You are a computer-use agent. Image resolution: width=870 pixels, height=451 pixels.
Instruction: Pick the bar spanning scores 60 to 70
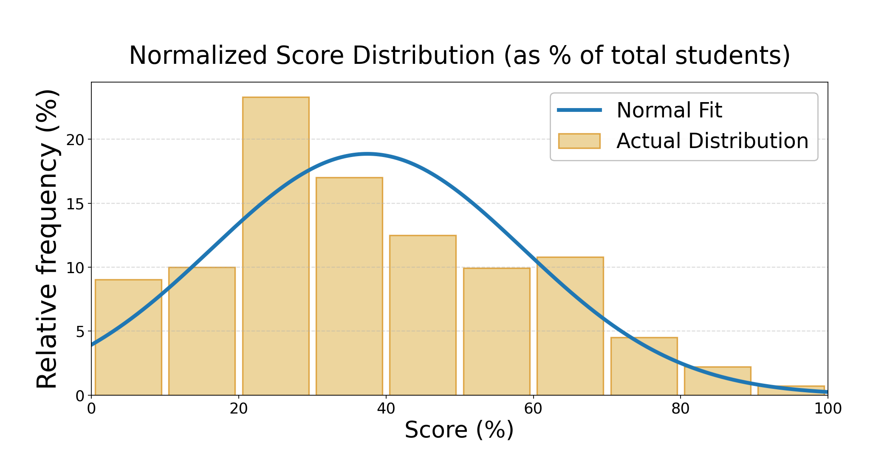click(x=570, y=326)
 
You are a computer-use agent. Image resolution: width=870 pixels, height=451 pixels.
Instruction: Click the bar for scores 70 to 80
click(x=644, y=366)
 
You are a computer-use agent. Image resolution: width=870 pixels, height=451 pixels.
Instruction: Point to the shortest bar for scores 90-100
click(x=791, y=391)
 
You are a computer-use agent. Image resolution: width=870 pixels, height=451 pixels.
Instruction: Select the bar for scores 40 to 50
click(x=423, y=315)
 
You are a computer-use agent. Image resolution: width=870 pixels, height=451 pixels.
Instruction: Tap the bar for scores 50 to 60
click(x=497, y=331)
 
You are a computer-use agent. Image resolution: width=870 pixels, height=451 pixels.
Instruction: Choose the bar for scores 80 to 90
click(x=717, y=381)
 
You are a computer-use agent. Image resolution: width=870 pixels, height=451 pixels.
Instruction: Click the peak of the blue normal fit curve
click(x=367, y=154)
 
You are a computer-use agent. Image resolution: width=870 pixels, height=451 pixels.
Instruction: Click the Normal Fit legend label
click(x=669, y=110)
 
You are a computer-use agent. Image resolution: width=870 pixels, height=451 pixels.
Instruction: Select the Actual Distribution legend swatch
click(x=579, y=141)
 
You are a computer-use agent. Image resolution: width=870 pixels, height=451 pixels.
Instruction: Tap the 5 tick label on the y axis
click(x=80, y=331)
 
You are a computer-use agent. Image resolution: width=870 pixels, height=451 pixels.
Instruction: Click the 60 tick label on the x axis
click(x=533, y=409)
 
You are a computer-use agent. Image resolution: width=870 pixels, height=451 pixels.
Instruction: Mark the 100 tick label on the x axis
click(x=828, y=409)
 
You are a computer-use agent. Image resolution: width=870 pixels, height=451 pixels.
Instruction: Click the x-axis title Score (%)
click(x=459, y=430)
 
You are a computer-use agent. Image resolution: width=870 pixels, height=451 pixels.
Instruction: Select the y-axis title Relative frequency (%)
click(x=47, y=239)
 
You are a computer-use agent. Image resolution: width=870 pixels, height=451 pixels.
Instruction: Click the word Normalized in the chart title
click(x=199, y=56)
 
